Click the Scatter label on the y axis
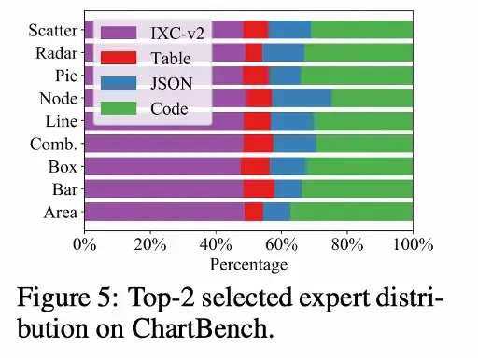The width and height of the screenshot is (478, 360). pos(52,31)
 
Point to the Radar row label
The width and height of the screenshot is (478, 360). pos(56,53)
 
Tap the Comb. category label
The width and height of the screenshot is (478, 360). pos(55,144)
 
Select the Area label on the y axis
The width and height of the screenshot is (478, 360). pos(58,212)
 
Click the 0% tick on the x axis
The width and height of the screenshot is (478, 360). pos(84,245)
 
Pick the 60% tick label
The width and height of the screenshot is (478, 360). pos(281,245)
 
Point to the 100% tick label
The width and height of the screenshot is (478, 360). pos(412,245)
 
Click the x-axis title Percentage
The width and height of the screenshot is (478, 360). pos(248,265)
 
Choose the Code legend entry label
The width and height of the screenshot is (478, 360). pos(169,108)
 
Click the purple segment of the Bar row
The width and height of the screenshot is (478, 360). pos(163,189)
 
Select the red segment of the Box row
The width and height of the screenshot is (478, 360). pos(255,166)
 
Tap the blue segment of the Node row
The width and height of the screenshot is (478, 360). pos(301,98)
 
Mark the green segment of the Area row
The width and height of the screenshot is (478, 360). pos(351,212)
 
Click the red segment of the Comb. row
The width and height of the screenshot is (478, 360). pos(259,144)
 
